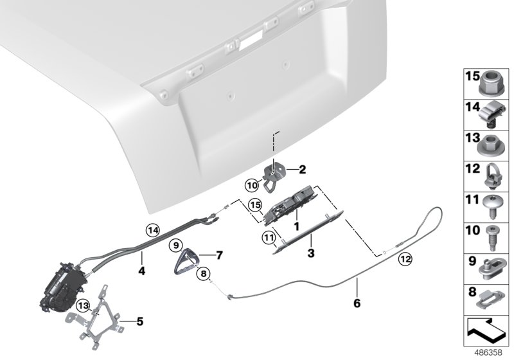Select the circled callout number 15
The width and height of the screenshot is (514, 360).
(x=255, y=205)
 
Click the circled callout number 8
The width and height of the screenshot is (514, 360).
(x=204, y=274)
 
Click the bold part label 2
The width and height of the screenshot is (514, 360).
(x=301, y=170)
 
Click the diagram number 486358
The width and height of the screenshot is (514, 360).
(x=488, y=353)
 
